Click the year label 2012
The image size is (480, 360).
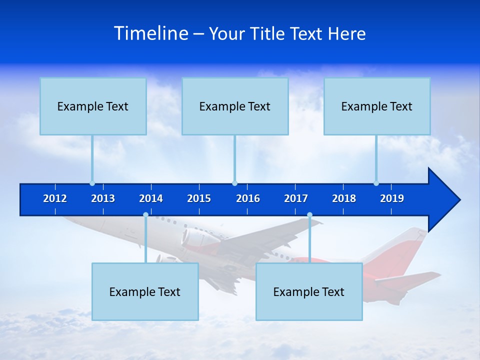click(x=55, y=198)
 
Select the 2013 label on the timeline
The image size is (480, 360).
click(x=103, y=198)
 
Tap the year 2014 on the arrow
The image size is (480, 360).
click(x=151, y=198)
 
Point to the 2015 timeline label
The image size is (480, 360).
click(x=199, y=198)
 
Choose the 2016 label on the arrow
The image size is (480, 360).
click(x=248, y=198)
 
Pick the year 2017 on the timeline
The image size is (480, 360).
click(x=296, y=198)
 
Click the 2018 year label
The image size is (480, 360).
click(x=344, y=198)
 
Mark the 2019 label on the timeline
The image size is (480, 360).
click(x=392, y=198)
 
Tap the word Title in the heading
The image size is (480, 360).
click(x=268, y=33)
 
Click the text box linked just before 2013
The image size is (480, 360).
click(x=93, y=106)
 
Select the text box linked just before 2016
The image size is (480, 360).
click(x=235, y=106)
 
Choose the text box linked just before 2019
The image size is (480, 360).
click(x=377, y=106)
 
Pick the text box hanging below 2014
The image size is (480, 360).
click(x=145, y=291)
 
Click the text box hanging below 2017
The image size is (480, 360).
click(x=309, y=291)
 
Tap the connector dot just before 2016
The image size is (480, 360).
click(x=234, y=183)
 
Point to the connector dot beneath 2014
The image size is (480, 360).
click(x=145, y=215)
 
